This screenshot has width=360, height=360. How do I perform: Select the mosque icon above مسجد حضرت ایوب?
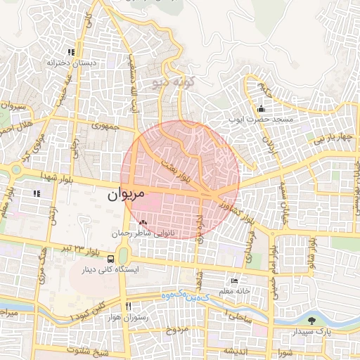[261, 109]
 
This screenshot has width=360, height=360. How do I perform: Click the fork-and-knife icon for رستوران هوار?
[128, 307]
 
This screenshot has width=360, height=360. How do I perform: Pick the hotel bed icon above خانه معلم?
[234, 281]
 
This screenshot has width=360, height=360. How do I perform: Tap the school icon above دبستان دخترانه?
[70, 52]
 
